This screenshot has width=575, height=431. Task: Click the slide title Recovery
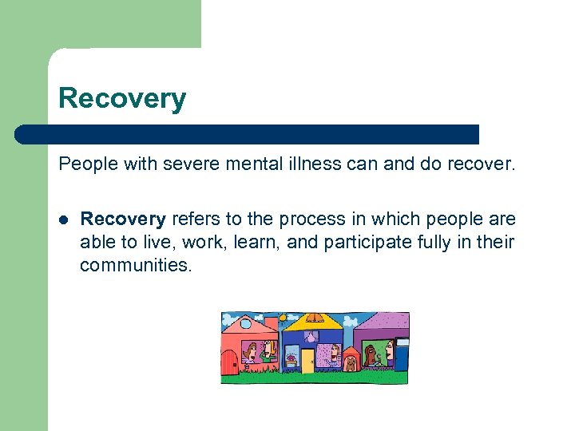click(122, 98)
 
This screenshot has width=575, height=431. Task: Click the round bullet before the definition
click(64, 219)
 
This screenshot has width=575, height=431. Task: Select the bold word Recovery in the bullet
click(123, 219)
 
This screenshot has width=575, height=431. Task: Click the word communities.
click(136, 265)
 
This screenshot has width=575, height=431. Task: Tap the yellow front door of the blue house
click(307, 361)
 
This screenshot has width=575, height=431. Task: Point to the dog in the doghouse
click(351, 363)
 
